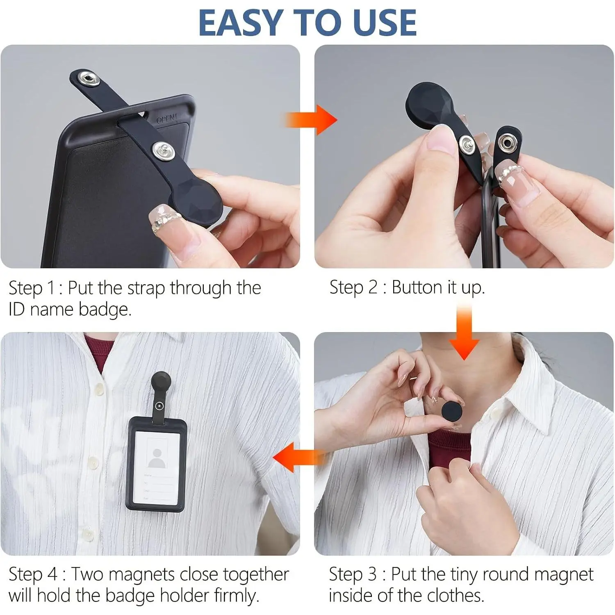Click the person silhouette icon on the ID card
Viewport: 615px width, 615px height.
[157, 458]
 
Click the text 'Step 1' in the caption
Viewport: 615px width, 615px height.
[32, 288]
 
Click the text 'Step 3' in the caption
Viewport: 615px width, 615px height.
[353, 574]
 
